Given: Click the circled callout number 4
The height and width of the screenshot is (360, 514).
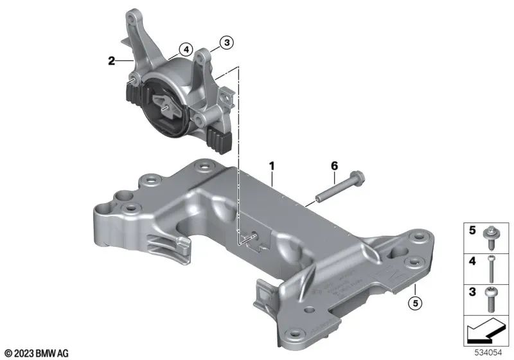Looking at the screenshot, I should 185,48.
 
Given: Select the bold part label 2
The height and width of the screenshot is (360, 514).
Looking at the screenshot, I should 112,62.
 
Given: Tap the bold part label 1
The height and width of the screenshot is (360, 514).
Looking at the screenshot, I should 272,166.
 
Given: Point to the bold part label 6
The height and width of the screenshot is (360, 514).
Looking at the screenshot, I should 334,166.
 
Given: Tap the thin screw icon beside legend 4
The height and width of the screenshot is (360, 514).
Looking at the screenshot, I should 492,265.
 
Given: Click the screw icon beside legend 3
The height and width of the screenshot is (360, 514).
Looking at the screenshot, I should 492,295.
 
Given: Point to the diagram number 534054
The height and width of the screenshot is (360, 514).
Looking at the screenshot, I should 490,353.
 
